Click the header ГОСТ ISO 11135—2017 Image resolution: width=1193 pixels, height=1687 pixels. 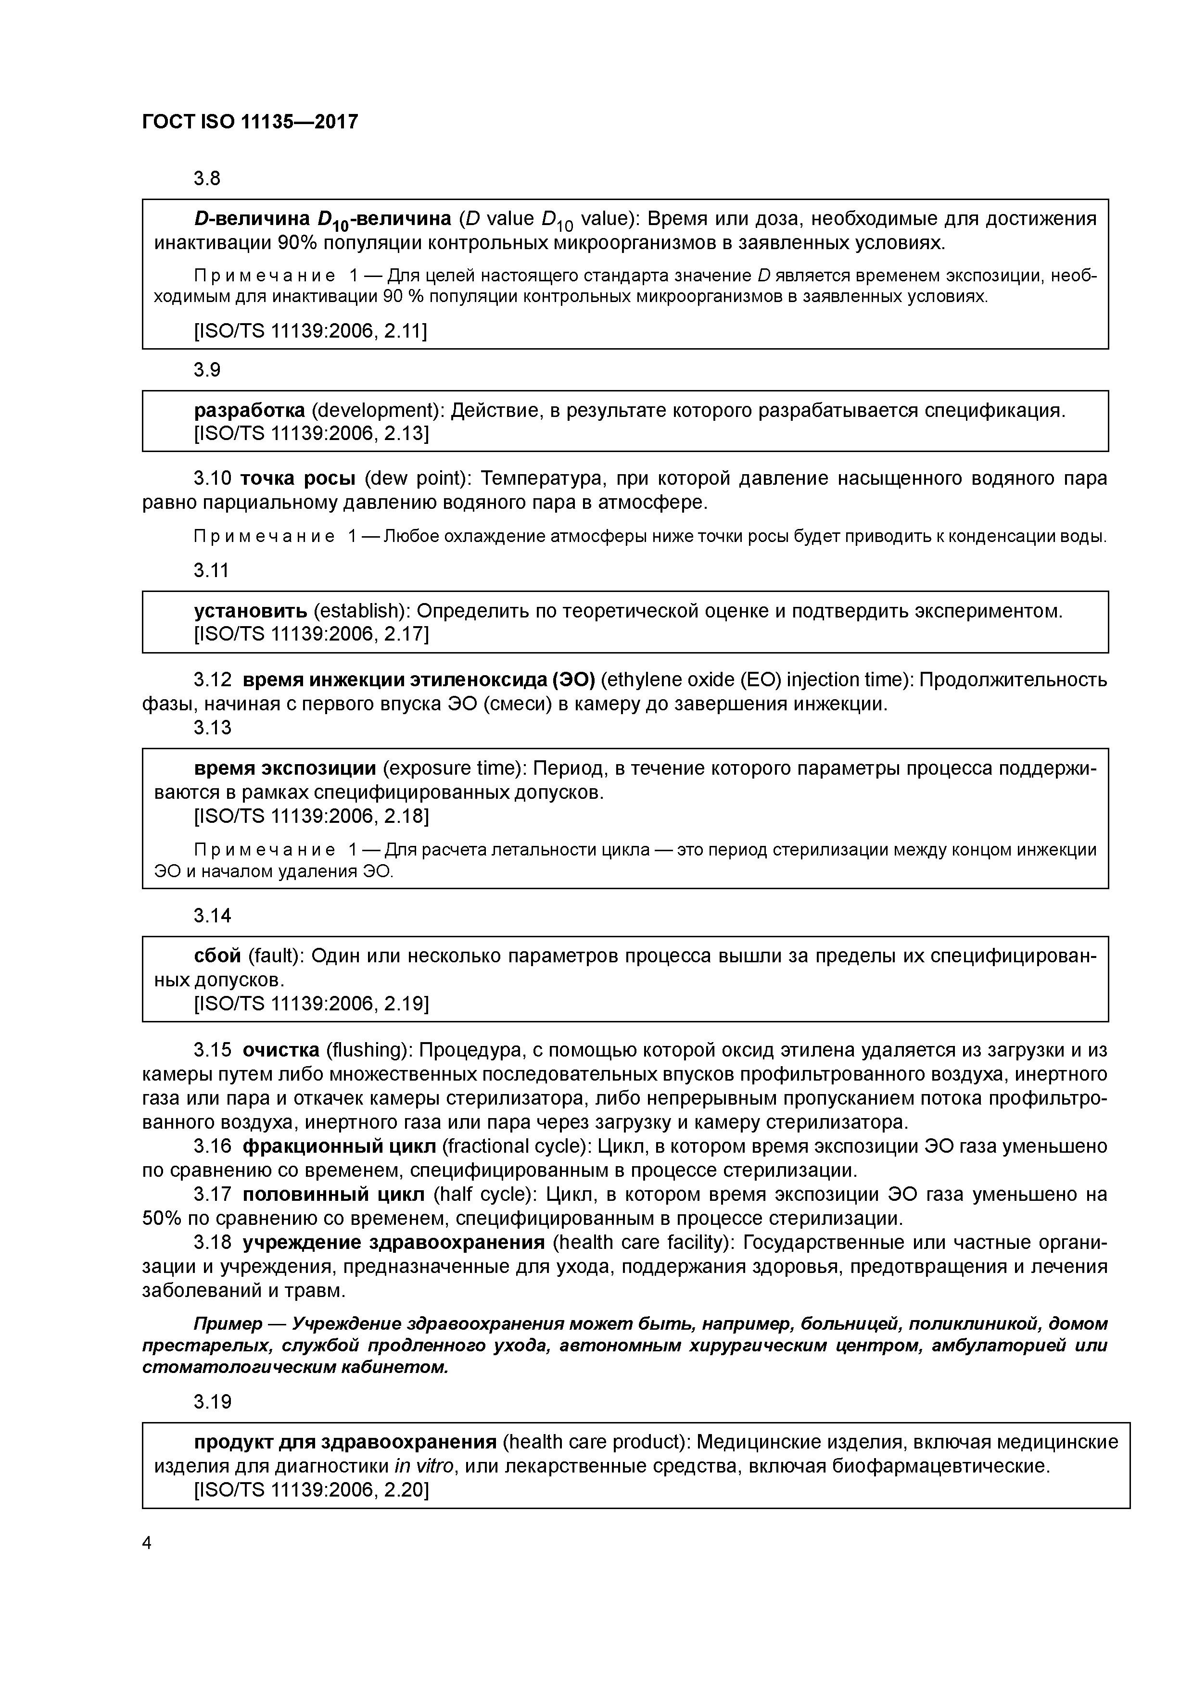pyautogui.click(x=250, y=122)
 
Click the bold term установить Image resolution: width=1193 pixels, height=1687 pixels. pyautogui.click(x=251, y=611)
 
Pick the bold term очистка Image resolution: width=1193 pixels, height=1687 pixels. pyautogui.click(x=281, y=1050)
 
